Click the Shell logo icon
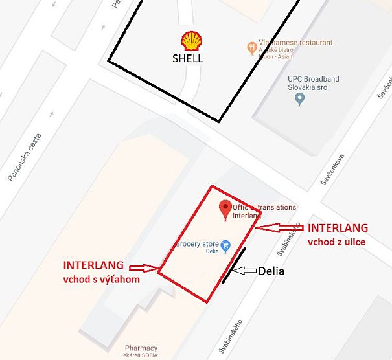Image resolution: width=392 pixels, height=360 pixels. (191, 41)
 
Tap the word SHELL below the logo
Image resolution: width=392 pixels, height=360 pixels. (187, 58)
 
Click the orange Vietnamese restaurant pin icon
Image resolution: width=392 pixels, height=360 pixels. (252, 47)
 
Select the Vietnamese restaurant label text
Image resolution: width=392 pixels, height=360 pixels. (295, 43)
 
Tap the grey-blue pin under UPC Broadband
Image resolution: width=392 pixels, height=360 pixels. (299, 99)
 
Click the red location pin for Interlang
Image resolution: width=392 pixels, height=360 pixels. (225, 208)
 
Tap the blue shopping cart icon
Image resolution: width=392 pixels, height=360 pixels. (225, 245)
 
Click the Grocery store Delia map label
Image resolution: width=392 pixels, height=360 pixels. (197, 248)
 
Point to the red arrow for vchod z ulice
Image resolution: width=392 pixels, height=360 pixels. (279, 228)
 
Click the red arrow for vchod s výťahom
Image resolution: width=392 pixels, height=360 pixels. (144, 267)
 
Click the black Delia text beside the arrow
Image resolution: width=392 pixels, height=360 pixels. (271, 271)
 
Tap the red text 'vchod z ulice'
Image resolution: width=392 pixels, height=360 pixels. (336, 242)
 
